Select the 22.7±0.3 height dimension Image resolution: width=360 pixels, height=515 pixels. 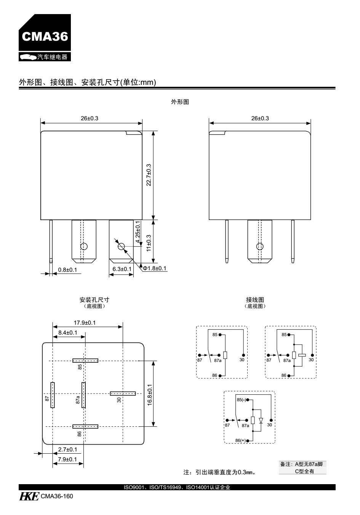tap(149, 175)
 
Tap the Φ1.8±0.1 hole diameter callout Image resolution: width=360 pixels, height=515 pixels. tap(155, 268)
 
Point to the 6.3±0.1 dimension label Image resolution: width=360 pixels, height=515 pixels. tap(122, 269)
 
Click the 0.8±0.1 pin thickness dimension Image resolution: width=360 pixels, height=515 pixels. tap(67, 269)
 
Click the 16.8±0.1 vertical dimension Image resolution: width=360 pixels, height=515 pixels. tap(149, 394)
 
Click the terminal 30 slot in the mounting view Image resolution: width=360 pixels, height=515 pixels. tap(123, 393)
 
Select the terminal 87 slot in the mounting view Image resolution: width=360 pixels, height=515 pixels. tap(53, 395)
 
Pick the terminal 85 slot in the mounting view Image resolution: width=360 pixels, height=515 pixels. tap(85, 360)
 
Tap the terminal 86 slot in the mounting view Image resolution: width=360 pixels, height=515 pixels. tap(85, 427)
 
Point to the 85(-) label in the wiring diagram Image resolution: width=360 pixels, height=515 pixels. tap(242, 400)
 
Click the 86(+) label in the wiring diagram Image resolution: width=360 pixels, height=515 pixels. tap(241, 440)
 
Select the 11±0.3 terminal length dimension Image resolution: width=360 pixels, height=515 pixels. tap(149, 241)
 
